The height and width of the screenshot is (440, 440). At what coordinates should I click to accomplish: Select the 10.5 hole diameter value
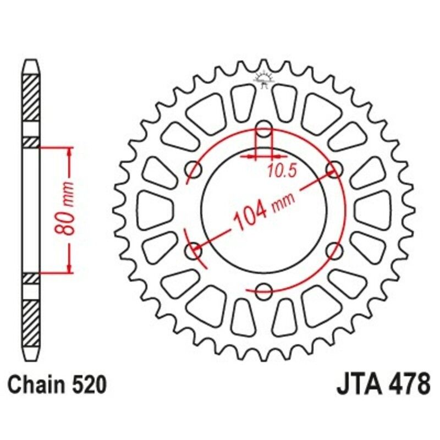tap(282, 171)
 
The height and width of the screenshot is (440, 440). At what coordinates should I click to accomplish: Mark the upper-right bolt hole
tap(333, 169)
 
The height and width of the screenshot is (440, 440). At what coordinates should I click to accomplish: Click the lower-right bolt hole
tap(333, 250)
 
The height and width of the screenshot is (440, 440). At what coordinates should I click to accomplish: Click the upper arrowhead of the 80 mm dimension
tap(69, 151)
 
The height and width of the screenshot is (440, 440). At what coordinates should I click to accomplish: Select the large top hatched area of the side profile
tap(31, 96)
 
